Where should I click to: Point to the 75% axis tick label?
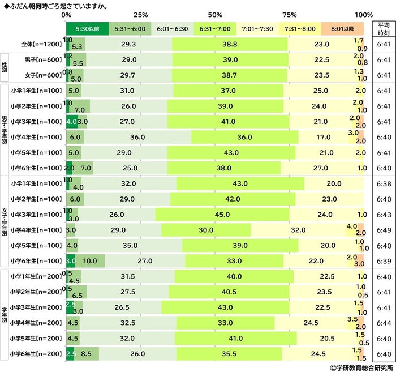pyautogui.click(x=290, y=15)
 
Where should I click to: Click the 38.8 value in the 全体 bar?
pyautogui.click(x=230, y=43)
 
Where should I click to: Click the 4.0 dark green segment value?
pyautogui.click(x=71, y=121)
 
